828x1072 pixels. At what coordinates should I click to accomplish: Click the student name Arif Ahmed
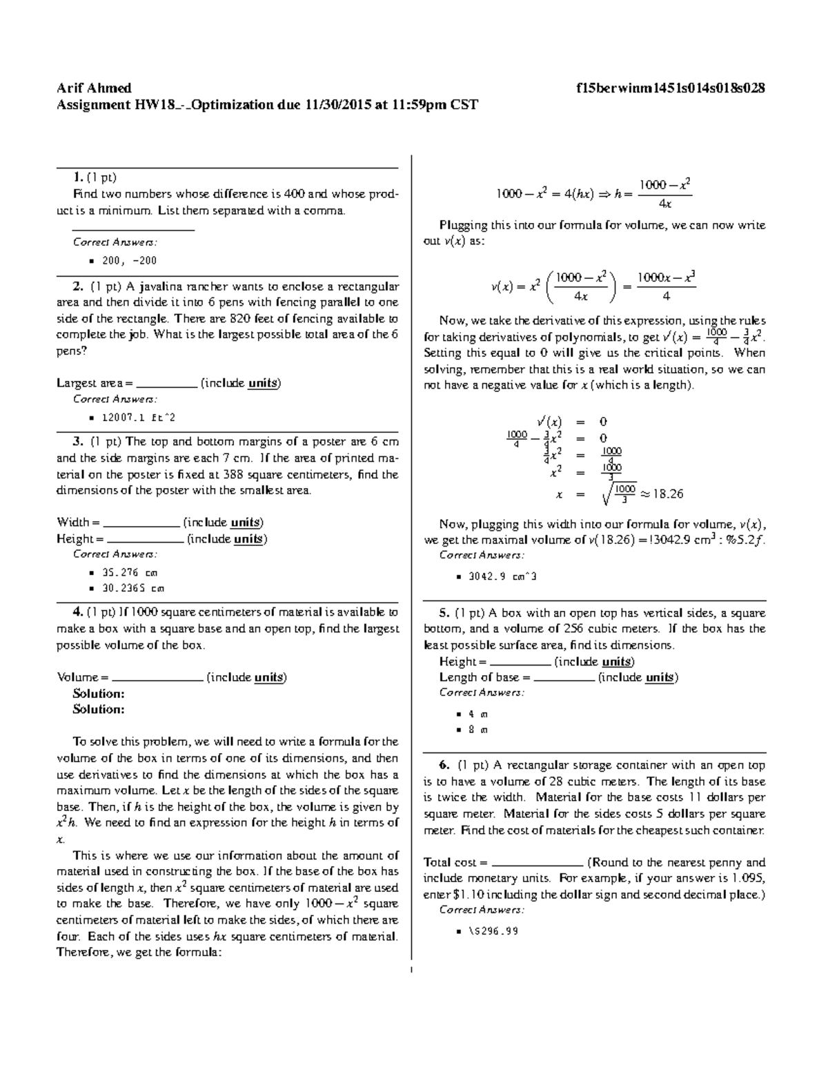pos(94,88)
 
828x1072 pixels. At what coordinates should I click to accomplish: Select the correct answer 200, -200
pos(129,261)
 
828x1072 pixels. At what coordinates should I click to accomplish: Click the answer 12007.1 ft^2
pos(133,418)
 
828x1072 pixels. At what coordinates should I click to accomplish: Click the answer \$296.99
pos(493,930)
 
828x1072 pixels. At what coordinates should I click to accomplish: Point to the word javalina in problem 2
pos(159,286)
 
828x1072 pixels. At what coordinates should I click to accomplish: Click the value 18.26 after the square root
pos(667,494)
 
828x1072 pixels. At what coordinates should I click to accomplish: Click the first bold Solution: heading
pos(99,694)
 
